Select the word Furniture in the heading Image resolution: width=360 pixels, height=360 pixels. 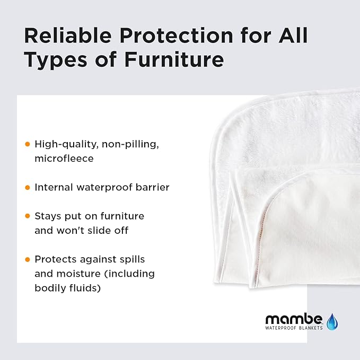[174, 60]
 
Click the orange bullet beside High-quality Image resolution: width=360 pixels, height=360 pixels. [28, 144]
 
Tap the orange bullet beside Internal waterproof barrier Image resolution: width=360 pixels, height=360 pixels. [28, 187]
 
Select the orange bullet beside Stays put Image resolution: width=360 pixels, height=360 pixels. [28, 216]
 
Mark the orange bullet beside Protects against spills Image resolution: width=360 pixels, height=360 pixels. [28, 259]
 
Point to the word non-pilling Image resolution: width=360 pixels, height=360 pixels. [115, 144]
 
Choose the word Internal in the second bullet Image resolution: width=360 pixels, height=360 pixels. [54, 187]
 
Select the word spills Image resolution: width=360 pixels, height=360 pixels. [131, 259]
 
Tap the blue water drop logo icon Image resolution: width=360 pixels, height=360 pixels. [332, 321]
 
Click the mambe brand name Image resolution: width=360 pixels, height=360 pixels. [293, 320]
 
